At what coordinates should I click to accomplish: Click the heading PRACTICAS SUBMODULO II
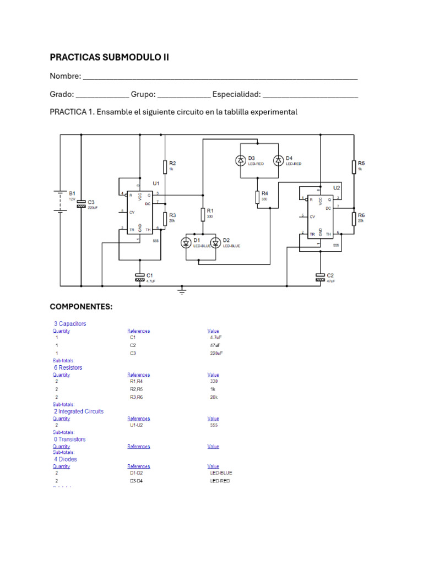(x=109, y=57)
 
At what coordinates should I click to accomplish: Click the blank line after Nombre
(x=220, y=77)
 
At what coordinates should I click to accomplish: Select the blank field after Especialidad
(x=311, y=94)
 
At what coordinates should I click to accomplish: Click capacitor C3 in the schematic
(x=81, y=203)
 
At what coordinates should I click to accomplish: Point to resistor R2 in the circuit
(x=164, y=166)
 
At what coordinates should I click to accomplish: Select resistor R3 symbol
(x=164, y=219)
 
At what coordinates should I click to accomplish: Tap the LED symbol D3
(x=241, y=160)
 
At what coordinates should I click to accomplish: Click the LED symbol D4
(x=279, y=160)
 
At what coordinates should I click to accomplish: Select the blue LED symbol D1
(x=186, y=242)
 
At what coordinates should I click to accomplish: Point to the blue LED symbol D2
(x=216, y=242)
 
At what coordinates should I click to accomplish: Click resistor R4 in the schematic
(x=257, y=197)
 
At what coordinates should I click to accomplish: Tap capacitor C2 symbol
(x=321, y=277)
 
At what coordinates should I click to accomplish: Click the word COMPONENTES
(x=81, y=306)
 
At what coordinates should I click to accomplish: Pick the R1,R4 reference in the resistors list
(x=136, y=381)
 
